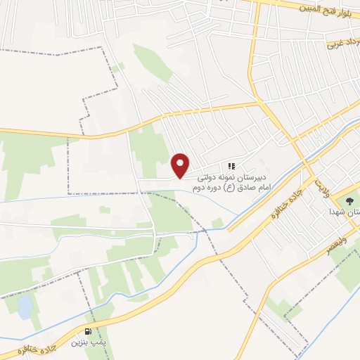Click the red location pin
click(181, 165)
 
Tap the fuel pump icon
click(87, 332)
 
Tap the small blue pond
click(25, 306)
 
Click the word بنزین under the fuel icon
click(78, 344)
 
